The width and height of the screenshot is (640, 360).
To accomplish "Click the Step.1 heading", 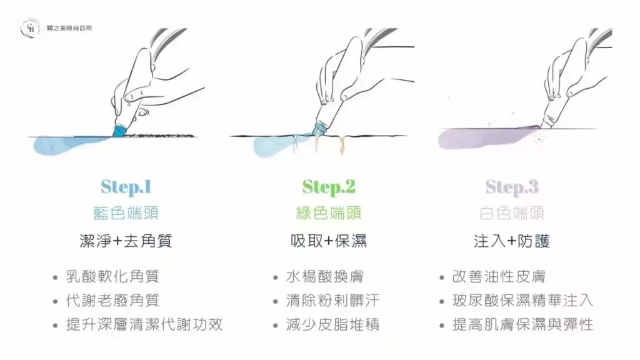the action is coord(126,187).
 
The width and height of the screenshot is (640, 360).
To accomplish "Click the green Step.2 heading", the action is coord(329,187).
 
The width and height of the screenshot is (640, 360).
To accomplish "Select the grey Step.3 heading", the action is coord(512,187).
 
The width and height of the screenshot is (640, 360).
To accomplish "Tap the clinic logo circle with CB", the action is coord(30,28).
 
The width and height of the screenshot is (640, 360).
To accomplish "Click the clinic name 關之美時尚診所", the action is coord(69,28).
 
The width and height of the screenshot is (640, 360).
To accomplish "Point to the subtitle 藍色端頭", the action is coord(126,213).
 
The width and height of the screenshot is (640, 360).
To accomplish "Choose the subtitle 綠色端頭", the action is coord(329,213).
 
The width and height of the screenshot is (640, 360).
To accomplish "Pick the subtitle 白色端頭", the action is coord(512,213).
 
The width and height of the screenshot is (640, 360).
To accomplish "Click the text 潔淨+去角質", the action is coord(126,241).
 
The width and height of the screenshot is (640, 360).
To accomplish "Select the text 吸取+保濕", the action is coord(329,241).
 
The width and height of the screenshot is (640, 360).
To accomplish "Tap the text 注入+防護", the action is coord(512,241).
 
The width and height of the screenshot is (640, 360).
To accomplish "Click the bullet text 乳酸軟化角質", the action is coord(112,277).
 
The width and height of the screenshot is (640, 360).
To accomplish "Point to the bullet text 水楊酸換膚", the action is coord(325,277).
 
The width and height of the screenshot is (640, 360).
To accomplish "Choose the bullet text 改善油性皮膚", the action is coord(499,277).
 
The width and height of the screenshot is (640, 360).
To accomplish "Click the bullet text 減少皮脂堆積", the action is coord(332,325).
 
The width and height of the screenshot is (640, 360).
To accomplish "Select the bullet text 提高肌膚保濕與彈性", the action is coord(523,325).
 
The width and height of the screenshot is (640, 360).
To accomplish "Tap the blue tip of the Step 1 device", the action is coord(119,131).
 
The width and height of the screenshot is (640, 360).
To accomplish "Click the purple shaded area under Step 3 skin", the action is coord(482,138).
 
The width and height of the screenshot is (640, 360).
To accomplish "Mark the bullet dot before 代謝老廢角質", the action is coord(56,302).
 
